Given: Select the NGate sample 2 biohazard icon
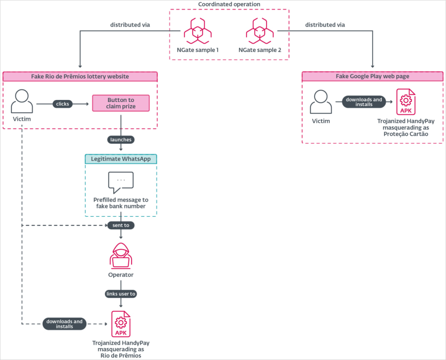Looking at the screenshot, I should [259, 31].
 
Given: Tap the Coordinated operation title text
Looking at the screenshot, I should [229, 4].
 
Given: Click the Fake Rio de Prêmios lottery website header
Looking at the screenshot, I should [80, 77].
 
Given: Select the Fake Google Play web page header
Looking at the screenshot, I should [372, 77].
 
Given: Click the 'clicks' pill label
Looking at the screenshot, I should [62, 104].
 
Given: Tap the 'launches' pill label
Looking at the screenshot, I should [121, 140].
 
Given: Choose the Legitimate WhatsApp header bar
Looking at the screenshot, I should [121, 159].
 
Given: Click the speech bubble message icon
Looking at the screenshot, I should [121, 182].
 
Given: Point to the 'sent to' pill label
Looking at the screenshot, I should [121, 225].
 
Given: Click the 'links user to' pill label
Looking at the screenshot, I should [121, 294].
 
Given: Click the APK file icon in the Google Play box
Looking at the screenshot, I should [406, 102].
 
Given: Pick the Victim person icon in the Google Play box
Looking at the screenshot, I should [321, 102].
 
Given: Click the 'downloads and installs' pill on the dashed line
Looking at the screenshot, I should [65, 324].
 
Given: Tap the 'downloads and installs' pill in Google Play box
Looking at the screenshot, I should [364, 102].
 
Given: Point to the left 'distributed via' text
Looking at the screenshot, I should [130, 25].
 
